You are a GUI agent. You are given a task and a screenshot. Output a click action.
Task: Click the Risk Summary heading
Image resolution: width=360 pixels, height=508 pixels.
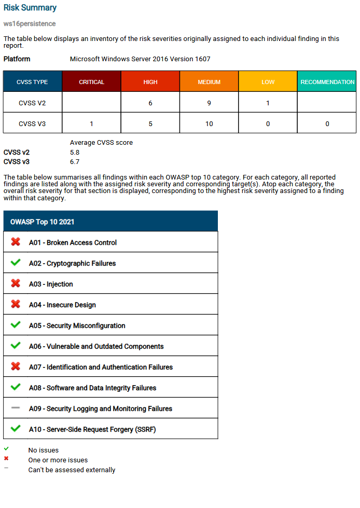pos(30,8)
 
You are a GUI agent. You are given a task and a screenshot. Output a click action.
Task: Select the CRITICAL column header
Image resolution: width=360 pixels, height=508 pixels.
pos(91,82)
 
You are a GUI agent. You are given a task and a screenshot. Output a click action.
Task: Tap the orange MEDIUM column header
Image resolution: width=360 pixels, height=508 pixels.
pos(209,82)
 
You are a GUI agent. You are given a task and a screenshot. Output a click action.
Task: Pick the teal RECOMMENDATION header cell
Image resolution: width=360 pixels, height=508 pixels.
pos(327,82)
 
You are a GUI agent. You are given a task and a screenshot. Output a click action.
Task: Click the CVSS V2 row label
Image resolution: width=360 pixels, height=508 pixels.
pos(32,103)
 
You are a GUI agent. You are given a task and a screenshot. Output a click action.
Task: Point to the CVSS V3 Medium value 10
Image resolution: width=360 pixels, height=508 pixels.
pos(209,124)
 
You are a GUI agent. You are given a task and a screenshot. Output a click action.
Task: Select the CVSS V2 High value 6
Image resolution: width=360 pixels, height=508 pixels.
pos(150,103)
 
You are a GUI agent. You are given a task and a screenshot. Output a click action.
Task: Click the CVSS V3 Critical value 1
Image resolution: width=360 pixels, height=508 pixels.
pos(91,124)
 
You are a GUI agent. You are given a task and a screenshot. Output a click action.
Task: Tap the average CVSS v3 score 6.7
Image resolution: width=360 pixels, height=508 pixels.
pos(75,161)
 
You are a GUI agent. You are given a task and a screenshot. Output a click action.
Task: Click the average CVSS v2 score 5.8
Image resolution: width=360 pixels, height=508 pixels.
pos(75,153)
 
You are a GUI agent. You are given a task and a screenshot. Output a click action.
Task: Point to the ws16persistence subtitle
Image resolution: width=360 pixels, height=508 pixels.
pos(30,24)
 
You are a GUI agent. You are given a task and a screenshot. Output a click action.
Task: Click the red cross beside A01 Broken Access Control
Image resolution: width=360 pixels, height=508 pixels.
pos(16,242)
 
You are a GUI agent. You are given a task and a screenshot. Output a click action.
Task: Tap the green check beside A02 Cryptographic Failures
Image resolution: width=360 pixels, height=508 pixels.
pos(16,263)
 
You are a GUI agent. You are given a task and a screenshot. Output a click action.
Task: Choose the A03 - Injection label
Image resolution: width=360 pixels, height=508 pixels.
pos(51,284)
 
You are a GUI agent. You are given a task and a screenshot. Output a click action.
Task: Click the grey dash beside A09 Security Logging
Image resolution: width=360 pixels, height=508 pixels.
pos(16,408)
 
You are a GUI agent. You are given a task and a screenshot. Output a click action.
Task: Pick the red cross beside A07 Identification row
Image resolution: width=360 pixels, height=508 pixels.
pos(16,366)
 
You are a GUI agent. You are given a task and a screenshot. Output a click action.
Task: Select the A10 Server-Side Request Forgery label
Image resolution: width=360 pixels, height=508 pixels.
pos(92,429)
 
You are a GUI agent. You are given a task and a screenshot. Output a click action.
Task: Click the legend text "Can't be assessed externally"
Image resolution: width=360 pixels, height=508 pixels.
pos(72,470)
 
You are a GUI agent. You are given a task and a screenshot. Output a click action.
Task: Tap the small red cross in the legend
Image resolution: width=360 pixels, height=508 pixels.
pos(6,459)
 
